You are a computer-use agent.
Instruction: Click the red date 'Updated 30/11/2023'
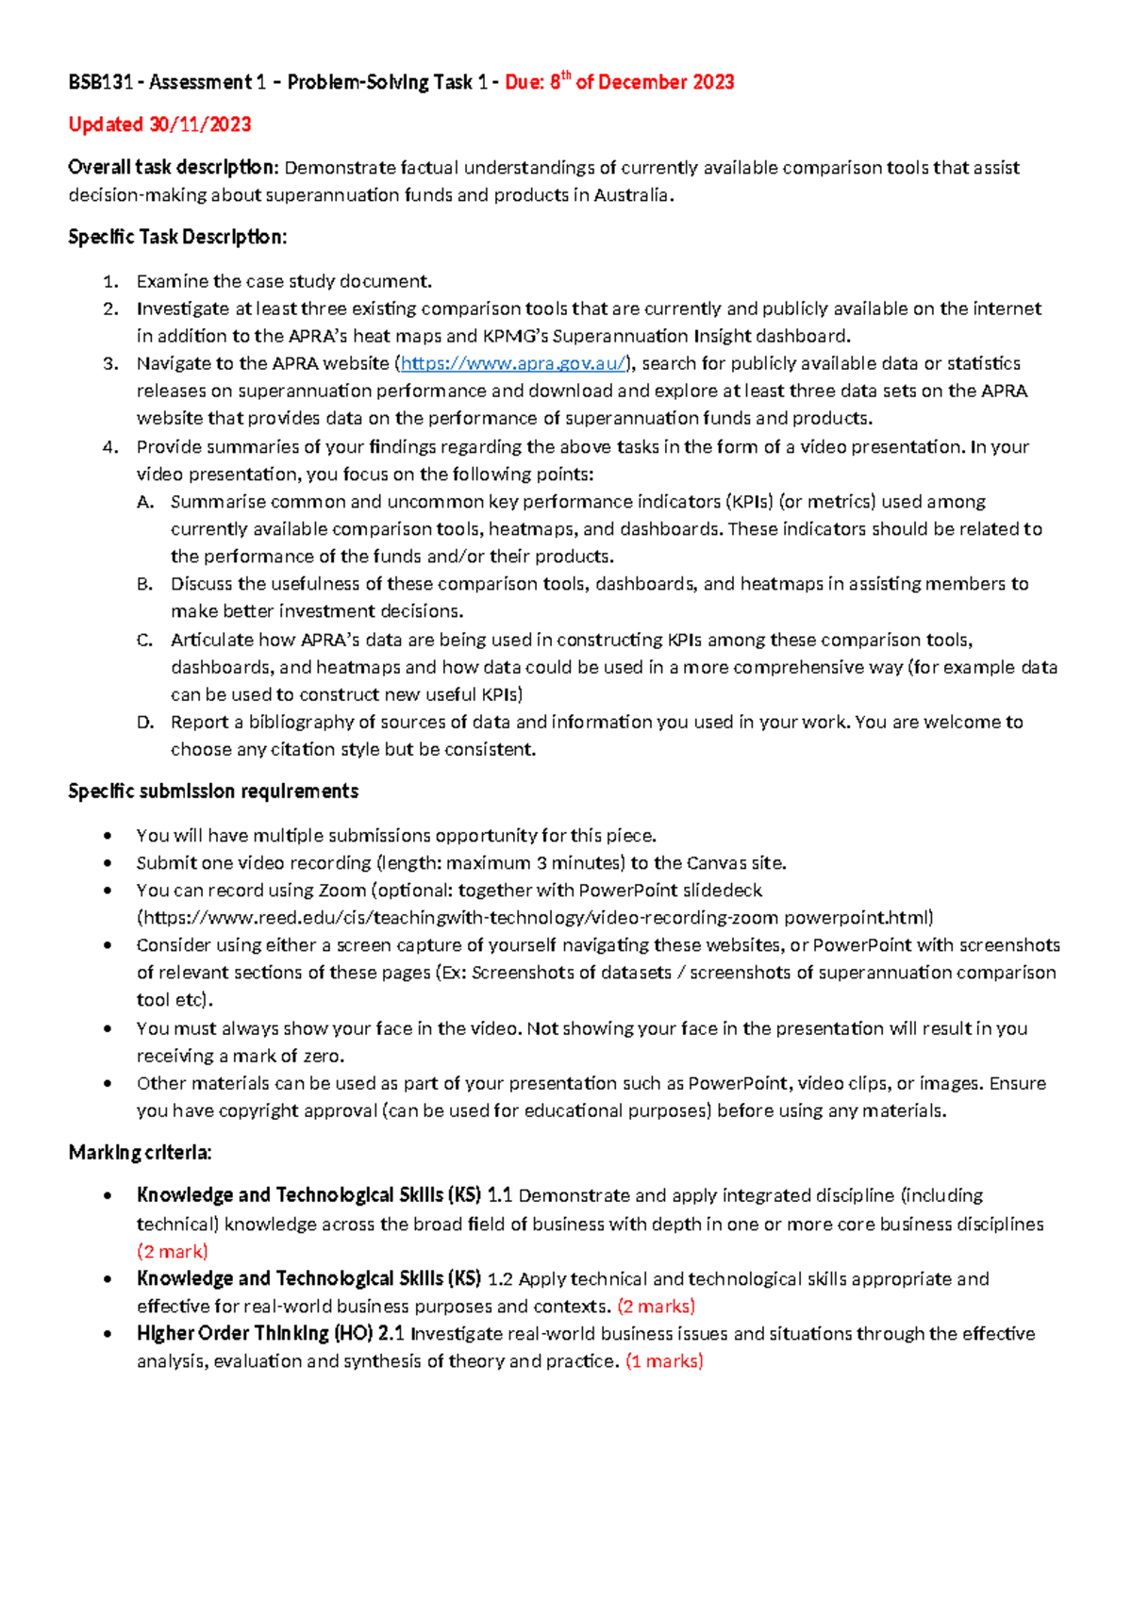coord(159,125)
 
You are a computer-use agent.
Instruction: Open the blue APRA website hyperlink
coord(512,363)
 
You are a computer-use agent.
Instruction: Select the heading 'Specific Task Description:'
coord(177,237)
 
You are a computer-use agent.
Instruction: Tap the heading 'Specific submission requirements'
coord(213,792)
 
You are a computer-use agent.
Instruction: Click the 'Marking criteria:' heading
coord(141,1153)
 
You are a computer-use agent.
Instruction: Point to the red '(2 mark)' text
coord(173,1252)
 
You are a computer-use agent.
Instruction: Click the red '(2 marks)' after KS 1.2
coord(657,1307)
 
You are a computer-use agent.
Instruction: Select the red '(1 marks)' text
coord(664,1361)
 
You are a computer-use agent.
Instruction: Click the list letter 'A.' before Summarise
coord(144,502)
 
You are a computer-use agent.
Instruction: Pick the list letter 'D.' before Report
coord(144,723)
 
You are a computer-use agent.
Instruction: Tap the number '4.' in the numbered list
coord(110,447)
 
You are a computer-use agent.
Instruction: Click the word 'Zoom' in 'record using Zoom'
coord(341,891)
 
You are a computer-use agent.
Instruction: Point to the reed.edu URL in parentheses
coord(535,918)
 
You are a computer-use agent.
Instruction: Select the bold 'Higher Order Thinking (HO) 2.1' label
coord(271,1334)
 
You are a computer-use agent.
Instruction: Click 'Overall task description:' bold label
coord(174,168)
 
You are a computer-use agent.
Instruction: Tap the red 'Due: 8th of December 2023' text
coord(620,82)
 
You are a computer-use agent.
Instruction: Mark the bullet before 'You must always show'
coord(109,1029)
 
